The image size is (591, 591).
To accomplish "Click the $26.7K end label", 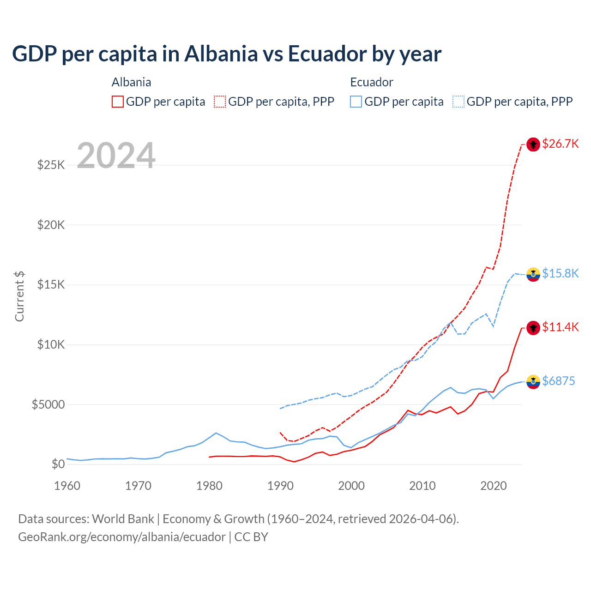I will point(560,144).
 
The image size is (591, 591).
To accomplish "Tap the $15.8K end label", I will point(560,273).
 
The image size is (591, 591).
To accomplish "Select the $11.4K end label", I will point(560,327).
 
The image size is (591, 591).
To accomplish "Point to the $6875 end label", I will point(558,381).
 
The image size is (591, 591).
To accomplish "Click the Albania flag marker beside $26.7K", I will point(533,145).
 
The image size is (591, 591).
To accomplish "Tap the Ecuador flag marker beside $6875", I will point(533,381).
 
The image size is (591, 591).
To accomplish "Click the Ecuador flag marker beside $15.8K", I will point(533,274).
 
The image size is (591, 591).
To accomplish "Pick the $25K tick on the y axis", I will point(51,165).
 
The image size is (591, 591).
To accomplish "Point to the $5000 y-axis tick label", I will point(48,404).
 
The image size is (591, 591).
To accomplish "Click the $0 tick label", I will point(58,464).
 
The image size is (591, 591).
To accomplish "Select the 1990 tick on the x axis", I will point(280,486).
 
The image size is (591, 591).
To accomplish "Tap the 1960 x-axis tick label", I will point(67,486).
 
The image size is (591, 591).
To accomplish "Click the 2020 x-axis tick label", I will point(494,486).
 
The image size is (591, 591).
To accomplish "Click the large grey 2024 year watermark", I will point(116,156).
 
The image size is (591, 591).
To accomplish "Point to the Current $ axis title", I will point(19,296).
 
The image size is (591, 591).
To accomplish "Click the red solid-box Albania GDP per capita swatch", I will point(118,102).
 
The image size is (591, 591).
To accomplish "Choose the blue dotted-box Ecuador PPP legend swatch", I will point(458,102).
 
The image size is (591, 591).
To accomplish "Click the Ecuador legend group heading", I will point(371,82).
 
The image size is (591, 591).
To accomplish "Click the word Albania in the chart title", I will point(221,54).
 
